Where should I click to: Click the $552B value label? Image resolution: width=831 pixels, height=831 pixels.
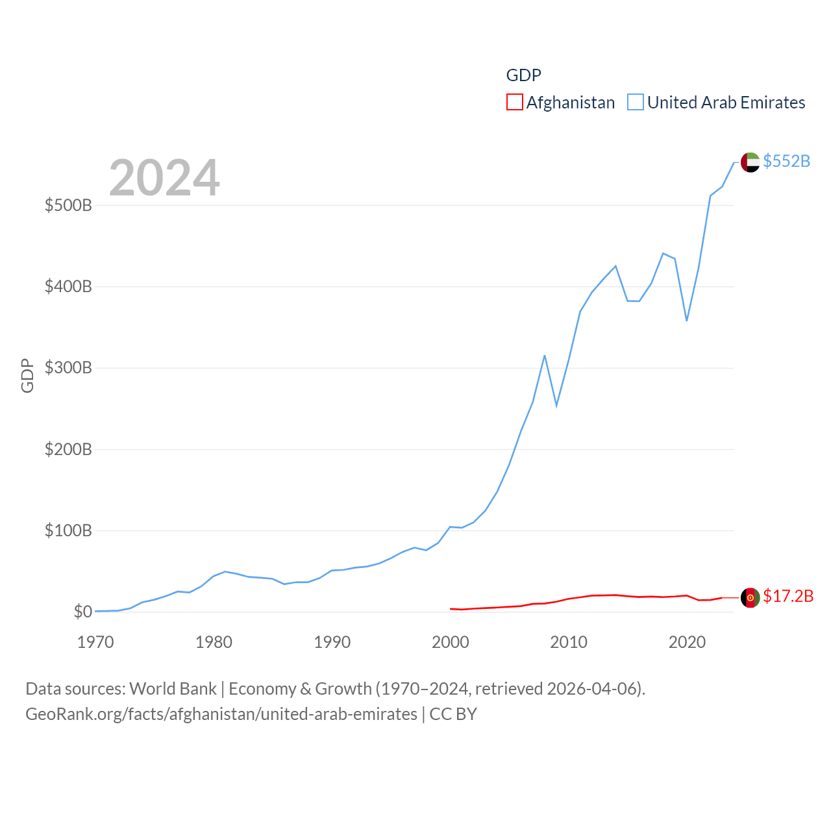click(x=786, y=161)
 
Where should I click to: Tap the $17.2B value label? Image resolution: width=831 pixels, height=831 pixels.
click(x=788, y=596)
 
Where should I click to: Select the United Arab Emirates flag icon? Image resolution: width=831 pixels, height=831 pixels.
click(x=750, y=162)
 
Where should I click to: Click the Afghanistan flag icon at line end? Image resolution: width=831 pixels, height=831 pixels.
click(x=750, y=598)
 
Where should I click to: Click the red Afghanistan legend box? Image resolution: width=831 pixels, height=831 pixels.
click(x=515, y=103)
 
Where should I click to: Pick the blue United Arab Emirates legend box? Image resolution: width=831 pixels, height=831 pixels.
click(x=636, y=103)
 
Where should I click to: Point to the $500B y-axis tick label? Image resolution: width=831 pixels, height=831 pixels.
click(x=68, y=206)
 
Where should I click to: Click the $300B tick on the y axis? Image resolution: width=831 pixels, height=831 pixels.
click(x=68, y=368)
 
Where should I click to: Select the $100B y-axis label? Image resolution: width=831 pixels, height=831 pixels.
click(x=68, y=531)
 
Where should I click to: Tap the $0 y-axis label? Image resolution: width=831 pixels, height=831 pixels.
click(x=82, y=612)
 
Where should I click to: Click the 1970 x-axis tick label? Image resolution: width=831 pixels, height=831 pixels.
click(x=95, y=643)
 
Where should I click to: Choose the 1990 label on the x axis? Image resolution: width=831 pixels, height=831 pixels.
click(x=332, y=643)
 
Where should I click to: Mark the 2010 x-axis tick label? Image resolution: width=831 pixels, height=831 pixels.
click(x=569, y=643)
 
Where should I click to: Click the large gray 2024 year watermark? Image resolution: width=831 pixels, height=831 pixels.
click(x=164, y=178)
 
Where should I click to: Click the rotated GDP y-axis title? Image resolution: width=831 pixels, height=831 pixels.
click(x=27, y=375)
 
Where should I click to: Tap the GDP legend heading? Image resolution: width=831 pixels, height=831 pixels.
click(x=523, y=75)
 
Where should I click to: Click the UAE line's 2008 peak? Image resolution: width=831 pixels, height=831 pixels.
click(x=545, y=356)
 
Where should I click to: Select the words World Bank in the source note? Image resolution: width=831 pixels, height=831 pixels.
click(x=173, y=689)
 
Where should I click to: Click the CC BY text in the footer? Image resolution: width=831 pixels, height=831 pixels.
click(x=453, y=714)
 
